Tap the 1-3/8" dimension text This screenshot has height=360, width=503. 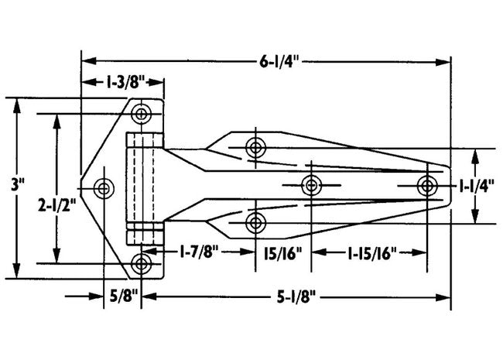click(x=122, y=82)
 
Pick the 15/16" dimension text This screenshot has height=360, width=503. click(x=282, y=252)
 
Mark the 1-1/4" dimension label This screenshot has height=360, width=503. click(x=476, y=186)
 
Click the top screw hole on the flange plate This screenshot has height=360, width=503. click(x=141, y=115)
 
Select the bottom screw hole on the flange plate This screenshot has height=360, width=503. click(x=141, y=263)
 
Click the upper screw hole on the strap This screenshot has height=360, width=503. click(x=255, y=147)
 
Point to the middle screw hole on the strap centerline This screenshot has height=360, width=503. click(x=311, y=185)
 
